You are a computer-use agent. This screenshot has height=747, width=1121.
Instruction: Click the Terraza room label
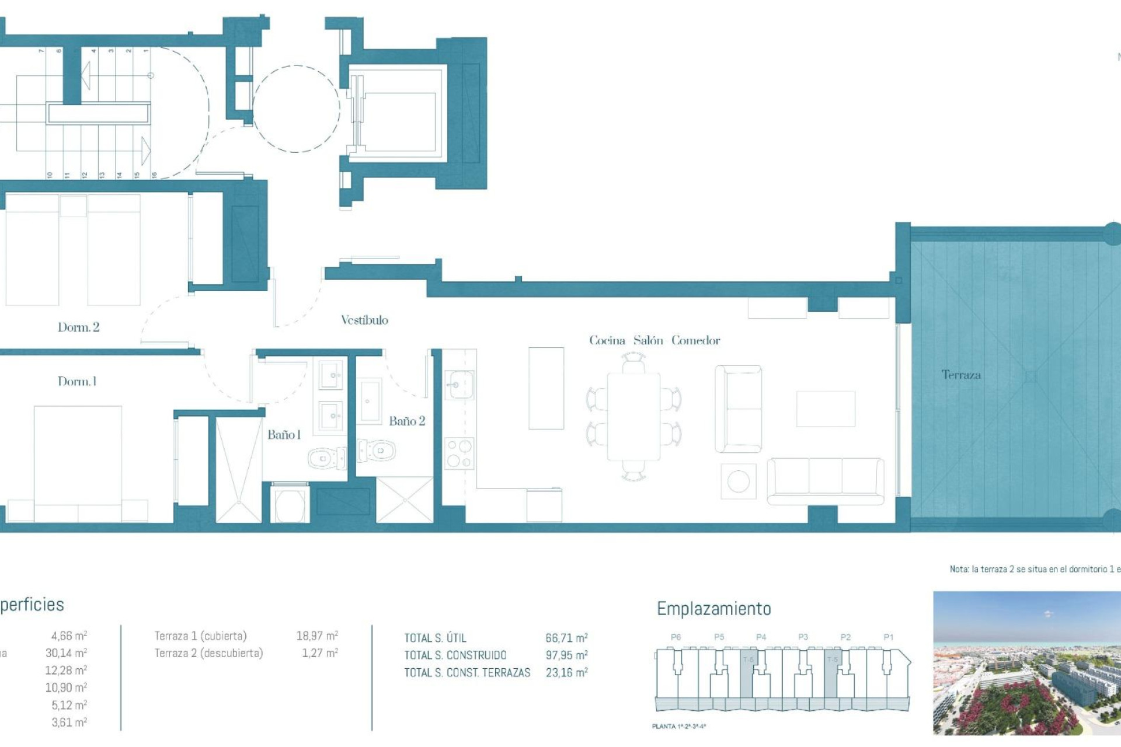click(960, 375)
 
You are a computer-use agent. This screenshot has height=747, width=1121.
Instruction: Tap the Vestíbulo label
click(364, 320)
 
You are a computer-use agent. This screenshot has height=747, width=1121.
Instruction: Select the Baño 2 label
click(407, 421)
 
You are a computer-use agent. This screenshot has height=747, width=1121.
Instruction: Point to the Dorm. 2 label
click(78, 327)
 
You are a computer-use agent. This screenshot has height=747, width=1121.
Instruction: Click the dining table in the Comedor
click(633, 417)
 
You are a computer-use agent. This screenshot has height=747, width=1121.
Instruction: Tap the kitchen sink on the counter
click(459, 385)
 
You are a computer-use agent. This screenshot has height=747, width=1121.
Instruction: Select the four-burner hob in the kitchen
click(459, 454)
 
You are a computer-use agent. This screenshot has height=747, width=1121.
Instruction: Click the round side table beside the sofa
click(738, 481)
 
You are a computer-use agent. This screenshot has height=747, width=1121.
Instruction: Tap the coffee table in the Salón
click(825, 409)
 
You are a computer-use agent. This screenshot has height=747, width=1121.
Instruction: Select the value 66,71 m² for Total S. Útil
click(566, 638)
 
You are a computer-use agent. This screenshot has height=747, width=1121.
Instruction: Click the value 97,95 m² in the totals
click(566, 655)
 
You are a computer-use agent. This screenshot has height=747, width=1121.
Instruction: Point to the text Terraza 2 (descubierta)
click(208, 653)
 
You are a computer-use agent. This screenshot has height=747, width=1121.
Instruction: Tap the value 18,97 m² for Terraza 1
click(317, 636)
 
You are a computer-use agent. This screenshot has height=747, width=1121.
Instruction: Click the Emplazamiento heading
click(713, 609)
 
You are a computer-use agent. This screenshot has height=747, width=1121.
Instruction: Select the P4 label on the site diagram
click(761, 637)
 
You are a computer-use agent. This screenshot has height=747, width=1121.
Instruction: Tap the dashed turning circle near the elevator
click(296, 109)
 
